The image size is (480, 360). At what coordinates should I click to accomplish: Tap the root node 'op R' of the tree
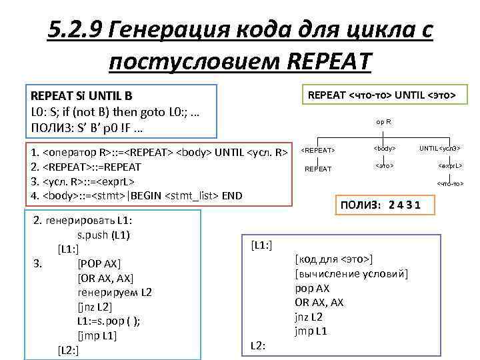click(383, 122)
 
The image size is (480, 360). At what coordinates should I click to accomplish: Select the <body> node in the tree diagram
click(385, 148)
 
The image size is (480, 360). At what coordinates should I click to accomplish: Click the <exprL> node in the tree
click(450, 165)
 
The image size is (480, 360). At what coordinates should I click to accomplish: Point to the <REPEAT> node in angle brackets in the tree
click(319, 150)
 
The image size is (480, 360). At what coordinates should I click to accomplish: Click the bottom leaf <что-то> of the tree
click(450, 183)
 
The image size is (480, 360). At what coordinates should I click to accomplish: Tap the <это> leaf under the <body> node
click(385, 164)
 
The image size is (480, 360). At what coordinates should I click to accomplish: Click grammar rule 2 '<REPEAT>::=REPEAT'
click(86, 167)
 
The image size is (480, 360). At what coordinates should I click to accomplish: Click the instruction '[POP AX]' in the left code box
click(99, 263)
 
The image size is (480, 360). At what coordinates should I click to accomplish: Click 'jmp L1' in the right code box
click(311, 331)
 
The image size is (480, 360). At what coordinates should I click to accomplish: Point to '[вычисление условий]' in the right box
click(351, 274)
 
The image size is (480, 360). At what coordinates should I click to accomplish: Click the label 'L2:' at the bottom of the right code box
click(258, 345)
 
